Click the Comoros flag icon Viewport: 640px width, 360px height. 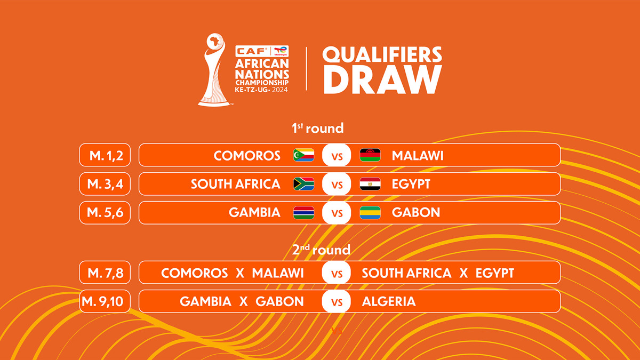pyautogui.click(x=304, y=155)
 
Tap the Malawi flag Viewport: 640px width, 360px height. pyautogui.click(x=370, y=155)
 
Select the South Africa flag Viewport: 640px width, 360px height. pyautogui.click(x=304, y=184)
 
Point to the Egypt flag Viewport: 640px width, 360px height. pyautogui.click(x=370, y=184)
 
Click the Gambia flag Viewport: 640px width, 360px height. pyautogui.click(x=304, y=213)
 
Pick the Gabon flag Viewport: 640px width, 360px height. pyautogui.click(x=370, y=213)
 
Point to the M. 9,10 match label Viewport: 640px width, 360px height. pyautogui.click(x=104, y=301)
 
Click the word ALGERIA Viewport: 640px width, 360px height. pyautogui.click(x=388, y=301)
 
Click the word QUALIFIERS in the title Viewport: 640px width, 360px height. pyautogui.click(x=382, y=55)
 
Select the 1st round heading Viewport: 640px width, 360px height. pyautogui.click(x=317, y=129)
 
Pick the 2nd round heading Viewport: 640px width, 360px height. pyautogui.click(x=321, y=250)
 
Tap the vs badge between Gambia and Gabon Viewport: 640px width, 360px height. pyautogui.click(x=337, y=213)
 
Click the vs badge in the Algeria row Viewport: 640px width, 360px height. pyautogui.click(x=337, y=302)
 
